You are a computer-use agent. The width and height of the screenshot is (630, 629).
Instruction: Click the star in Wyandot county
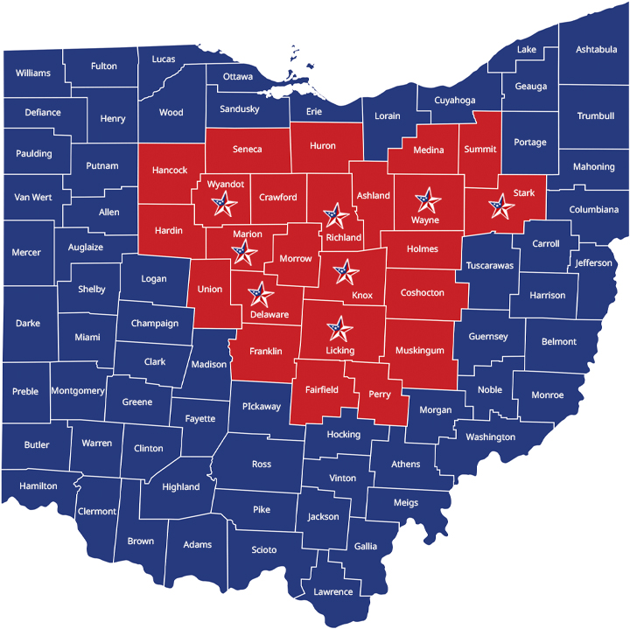click(x=224, y=205)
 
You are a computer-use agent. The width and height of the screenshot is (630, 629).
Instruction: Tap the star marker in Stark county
click(x=501, y=206)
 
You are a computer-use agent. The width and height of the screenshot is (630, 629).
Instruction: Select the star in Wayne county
click(x=427, y=200)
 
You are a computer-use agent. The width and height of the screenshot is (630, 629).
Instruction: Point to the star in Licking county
click(x=339, y=330)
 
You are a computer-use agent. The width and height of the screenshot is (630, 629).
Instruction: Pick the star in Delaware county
click(x=259, y=296)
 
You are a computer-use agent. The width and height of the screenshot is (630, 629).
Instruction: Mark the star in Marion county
click(x=244, y=253)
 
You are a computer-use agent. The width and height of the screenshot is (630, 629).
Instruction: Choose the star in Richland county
click(x=333, y=215)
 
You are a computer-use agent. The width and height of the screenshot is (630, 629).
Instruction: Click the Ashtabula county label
click(x=596, y=50)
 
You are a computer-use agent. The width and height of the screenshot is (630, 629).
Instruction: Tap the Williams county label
click(x=33, y=73)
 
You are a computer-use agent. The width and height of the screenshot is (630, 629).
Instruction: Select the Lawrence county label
click(x=333, y=592)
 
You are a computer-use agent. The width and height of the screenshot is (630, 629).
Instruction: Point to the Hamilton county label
click(x=38, y=486)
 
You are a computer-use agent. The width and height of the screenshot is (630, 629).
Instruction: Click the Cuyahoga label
click(x=455, y=101)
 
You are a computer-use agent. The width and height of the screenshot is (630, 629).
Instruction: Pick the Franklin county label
click(x=265, y=352)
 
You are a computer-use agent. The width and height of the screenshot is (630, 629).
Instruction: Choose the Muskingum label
click(x=420, y=351)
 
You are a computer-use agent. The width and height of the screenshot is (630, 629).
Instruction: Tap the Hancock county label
click(x=170, y=170)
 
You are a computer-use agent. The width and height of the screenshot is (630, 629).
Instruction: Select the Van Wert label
click(x=33, y=198)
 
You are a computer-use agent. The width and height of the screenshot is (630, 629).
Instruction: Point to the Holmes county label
click(x=423, y=249)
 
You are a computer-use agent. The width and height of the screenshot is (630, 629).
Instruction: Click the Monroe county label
click(x=547, y=395)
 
